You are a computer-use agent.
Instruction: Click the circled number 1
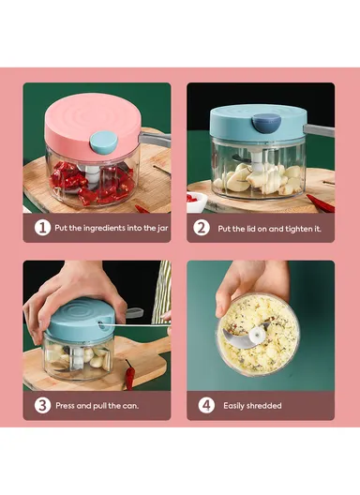point(42,228)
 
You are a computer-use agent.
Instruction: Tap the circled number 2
point(202,228)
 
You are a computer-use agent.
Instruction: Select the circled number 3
point(42,405)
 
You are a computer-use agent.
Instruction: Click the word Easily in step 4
point(235,406)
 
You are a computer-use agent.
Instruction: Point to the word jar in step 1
point(161,228)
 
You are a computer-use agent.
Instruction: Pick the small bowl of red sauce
point(197,200)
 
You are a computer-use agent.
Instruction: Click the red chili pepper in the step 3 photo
point(129,373)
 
